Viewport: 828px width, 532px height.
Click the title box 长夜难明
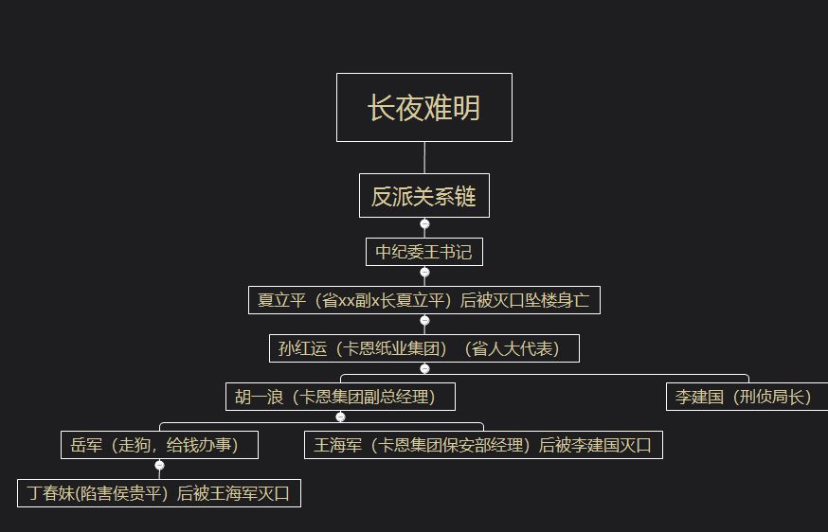coord(424,107)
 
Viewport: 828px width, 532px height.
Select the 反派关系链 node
coord(424,195)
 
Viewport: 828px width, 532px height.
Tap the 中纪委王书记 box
coord(424,252)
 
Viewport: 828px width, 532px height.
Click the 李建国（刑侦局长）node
coord(747,397)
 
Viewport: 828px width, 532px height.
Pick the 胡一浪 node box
coord(340,397)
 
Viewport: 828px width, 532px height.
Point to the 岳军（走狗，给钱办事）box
coord(159,445)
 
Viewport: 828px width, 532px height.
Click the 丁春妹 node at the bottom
coord(159,493)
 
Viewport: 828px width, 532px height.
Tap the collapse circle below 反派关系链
coord(424,223)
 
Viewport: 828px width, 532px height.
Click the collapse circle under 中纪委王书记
coord(424,273)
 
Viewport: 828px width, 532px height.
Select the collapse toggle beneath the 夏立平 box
coord(424,320)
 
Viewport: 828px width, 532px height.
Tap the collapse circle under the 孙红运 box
coord(424,368)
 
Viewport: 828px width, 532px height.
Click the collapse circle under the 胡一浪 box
coord(341,417)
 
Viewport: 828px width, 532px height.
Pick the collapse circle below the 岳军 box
coord(159,465)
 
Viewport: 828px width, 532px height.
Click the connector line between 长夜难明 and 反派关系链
coord(424,158)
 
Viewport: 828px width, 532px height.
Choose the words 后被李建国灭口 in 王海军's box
coord(595,445)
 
